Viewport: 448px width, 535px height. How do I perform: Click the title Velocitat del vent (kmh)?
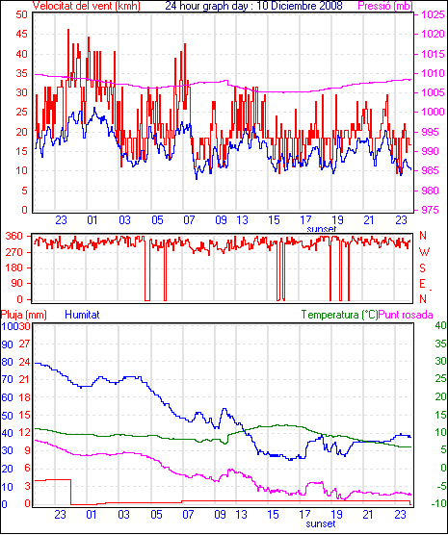tap(87, 6)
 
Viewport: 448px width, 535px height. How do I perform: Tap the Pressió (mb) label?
tap(385, 6)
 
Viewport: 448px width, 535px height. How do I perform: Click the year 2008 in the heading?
tap(330, 6)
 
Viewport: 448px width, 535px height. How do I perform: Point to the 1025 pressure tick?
tap(433, 14)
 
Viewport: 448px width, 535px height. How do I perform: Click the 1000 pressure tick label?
tap(433, 112)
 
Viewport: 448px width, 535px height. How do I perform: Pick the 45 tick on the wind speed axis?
tap(21, 34)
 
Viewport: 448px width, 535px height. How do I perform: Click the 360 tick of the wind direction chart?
tap(14, 236)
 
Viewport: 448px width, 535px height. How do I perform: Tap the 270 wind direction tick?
tap(14, 252)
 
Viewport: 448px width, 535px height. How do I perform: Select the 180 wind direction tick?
tap(14, 267)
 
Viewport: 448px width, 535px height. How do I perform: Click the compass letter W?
tap(424, 252)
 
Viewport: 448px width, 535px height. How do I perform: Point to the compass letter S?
tap(423, 268)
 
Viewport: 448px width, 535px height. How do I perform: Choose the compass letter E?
tap(423, 284)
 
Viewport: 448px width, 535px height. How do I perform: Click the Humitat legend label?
tap(82, 315)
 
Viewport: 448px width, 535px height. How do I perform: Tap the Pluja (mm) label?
tap(23, 315)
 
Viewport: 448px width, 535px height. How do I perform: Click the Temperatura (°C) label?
tap(340, 315)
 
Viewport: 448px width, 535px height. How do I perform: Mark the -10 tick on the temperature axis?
tap(439, 503)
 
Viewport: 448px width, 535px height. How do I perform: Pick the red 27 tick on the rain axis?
tap(24, 344)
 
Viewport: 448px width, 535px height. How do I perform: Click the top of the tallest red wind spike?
tap(68, 29)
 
